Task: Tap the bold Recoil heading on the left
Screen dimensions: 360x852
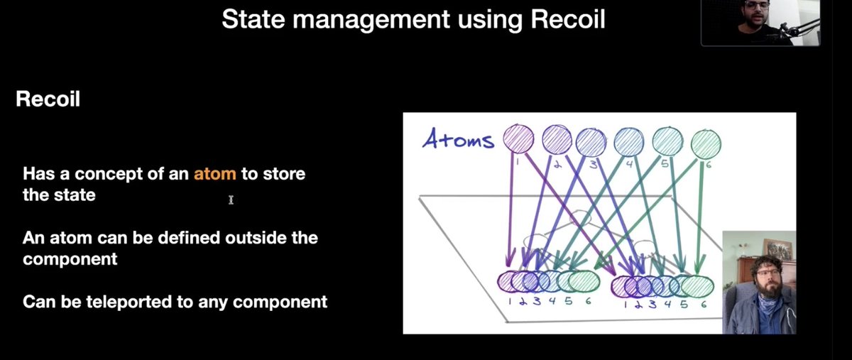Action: coord(48,99)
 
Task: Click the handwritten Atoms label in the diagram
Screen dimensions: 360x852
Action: coord(458,140)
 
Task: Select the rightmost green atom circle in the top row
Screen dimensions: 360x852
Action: coord(705,144)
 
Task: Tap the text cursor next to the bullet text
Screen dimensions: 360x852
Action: coord(231,201)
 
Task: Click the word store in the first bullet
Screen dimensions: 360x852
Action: coord(283,174)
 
